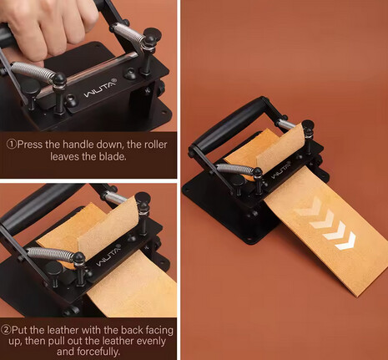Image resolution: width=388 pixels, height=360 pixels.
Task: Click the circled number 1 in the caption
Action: pyautogui.click(x=12, y=145)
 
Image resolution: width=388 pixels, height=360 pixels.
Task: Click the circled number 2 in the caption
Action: pyautogui.click(x=6, y=330)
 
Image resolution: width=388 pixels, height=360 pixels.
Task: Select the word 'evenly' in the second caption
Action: pyautogui.click(x=151, y=341)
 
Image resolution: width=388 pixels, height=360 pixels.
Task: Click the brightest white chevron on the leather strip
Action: pyautogui.click(x=345, y=241)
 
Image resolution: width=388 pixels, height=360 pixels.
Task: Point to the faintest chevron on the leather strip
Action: pyautogui.click(x=308, y=207)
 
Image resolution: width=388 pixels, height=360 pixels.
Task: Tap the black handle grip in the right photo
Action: pyautogui.click(x=229, y=124)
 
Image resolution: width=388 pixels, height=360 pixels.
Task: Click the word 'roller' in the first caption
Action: pyautogui.click(x=155, y=145)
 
